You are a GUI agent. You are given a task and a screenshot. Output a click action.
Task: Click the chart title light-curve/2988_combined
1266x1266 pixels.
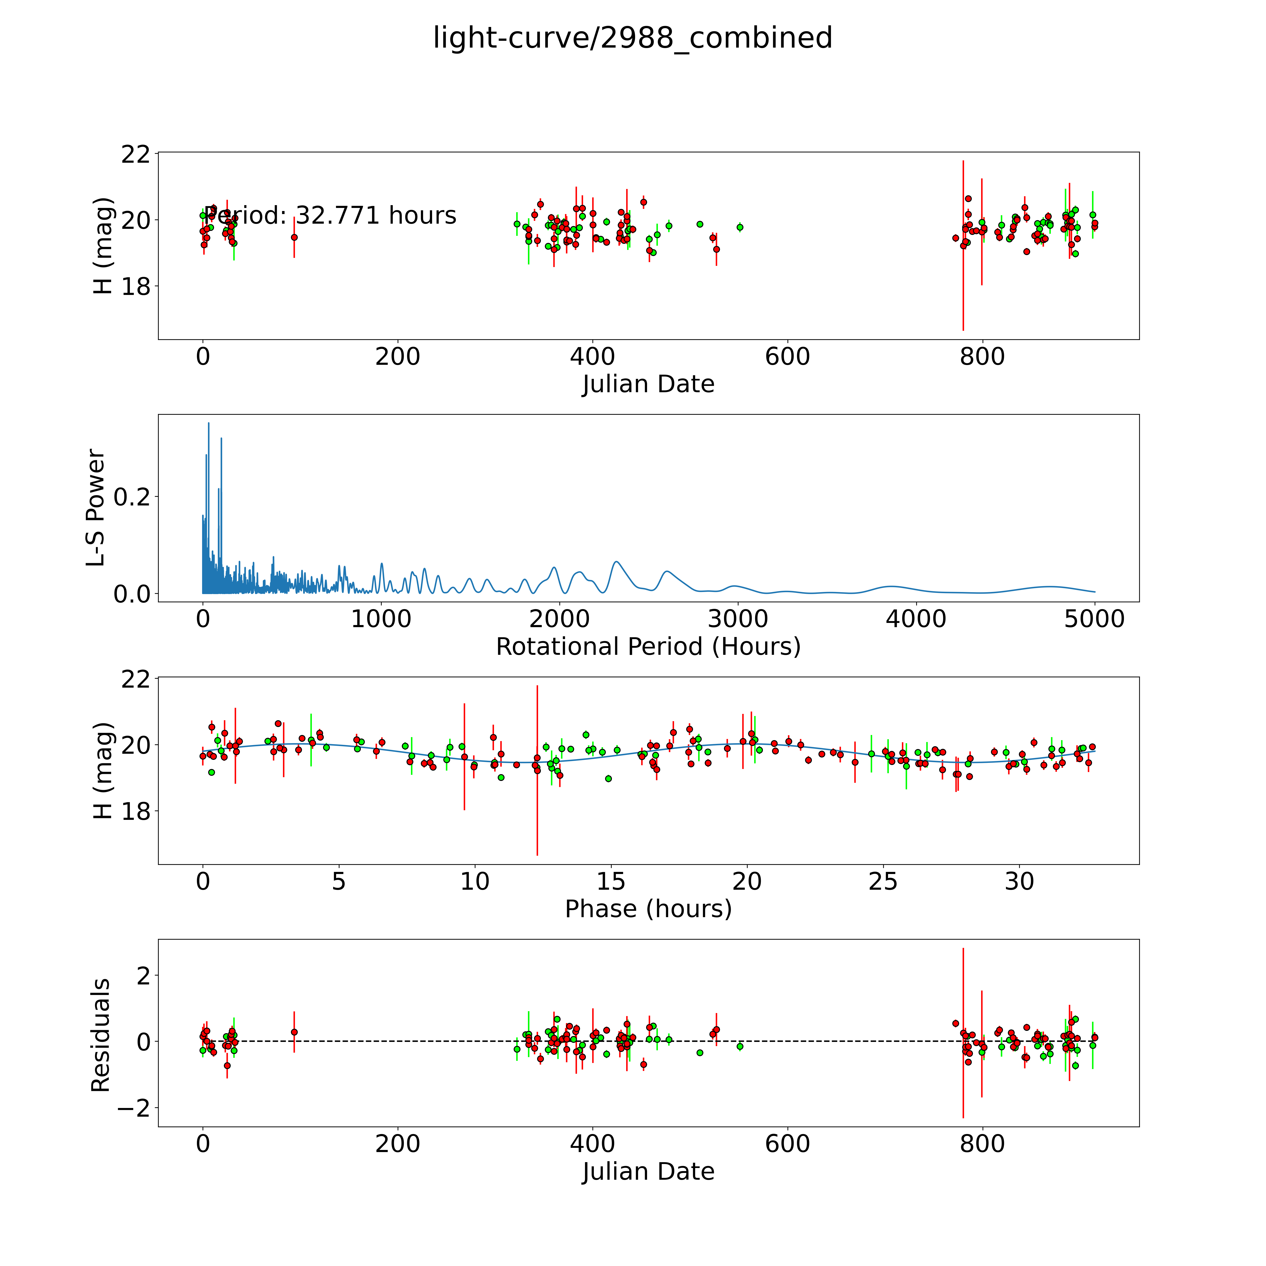[x=632, y=38]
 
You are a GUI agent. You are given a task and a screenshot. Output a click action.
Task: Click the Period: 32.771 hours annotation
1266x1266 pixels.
[x=330, y=216]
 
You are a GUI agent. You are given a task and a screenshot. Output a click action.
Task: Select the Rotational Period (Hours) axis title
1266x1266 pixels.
[x=648, y=647]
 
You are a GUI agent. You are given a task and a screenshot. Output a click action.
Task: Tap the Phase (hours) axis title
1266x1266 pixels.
[x=648, y=909]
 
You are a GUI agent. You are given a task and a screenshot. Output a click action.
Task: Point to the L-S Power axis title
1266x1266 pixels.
[x=96, y=508]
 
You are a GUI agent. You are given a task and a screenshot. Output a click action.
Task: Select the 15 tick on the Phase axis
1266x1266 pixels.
[x=611, y=881]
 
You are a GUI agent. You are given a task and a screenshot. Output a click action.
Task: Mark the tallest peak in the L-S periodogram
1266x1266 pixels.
[x=208, y=423]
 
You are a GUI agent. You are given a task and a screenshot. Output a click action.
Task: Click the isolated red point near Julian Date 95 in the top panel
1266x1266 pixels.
[x=294, y=237]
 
